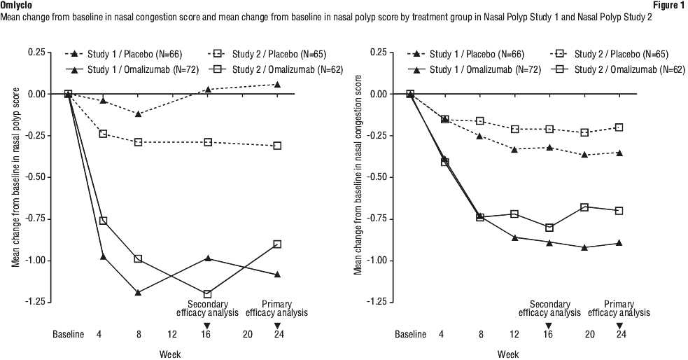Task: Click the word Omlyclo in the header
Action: [x=15, y=5]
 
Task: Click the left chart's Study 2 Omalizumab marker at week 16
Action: [x=207, y=294]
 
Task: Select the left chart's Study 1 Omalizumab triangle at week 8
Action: [x=138, y=293]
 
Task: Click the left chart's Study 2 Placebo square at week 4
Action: [x=103, y=134]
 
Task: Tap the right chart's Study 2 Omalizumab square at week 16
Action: [x=549, y=228]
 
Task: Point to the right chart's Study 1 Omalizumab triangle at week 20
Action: [x=584, y=247]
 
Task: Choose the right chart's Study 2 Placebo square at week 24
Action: [x=619, y=127]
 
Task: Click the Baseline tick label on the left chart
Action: [x=69, y=335]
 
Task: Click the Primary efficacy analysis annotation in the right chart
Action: [x=619, y=308]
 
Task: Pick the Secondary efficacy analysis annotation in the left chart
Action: [x=207, y=308]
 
